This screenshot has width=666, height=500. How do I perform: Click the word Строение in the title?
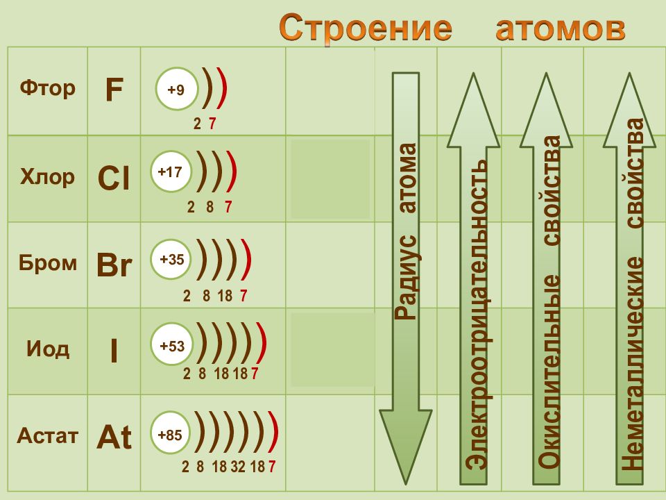(x=366, y=28)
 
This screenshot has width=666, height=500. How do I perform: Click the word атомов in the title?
(x=561, y=29)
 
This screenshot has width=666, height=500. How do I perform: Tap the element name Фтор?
(x=48, y=88)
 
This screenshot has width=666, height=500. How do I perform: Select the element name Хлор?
(x=47, y=177)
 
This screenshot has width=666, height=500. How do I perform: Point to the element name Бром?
(x=48, y=262)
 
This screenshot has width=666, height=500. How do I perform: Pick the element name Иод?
(x=48, y=349)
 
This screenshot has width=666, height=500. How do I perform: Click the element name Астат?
(x=48, y=436)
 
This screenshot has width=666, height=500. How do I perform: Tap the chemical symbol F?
(x=114, y=90)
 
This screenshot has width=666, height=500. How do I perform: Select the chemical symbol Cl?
(x=114, y=177)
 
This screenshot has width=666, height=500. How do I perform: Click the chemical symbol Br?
(x=114, y=265)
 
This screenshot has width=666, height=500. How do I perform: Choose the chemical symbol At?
(x=114, y=437)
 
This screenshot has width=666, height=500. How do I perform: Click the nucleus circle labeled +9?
(x=177, y=90)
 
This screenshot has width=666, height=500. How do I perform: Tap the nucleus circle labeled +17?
(x=171, y=172)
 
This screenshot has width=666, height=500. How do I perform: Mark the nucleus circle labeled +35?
(x=171, y=259)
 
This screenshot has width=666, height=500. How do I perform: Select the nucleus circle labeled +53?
(x=171, y=345)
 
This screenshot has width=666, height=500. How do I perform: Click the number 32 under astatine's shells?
(x=238, y=467)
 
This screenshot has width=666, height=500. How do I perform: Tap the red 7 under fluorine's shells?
(x=212, y=124)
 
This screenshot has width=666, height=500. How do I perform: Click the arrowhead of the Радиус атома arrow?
(x=406, y=447)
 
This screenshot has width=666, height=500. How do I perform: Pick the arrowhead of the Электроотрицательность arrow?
(x=473, y=110)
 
